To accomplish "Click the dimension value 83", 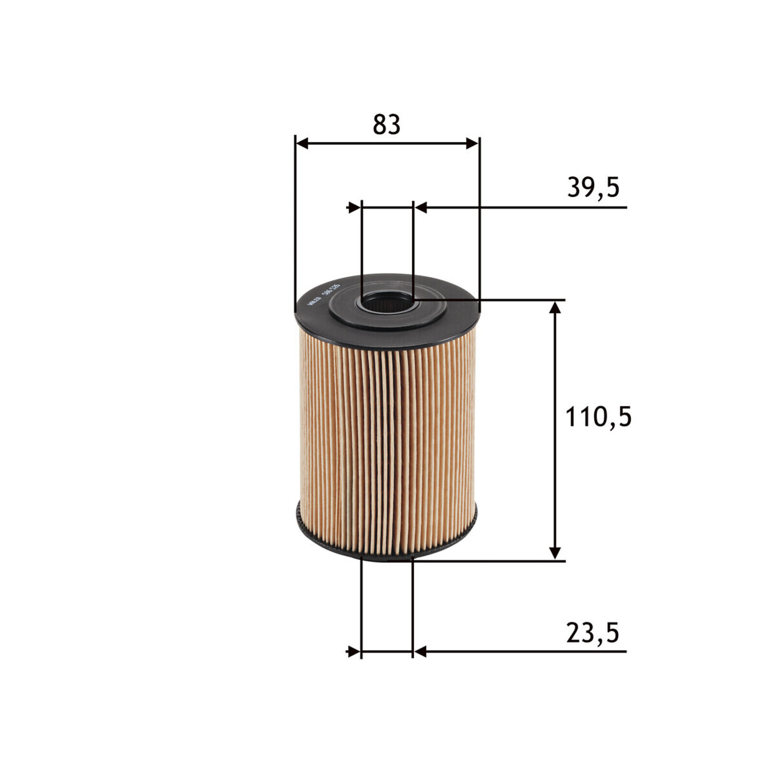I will [x=386, y=124].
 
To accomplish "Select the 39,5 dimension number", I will [x=593, y=187].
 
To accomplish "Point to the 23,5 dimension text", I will [x=592, y=633].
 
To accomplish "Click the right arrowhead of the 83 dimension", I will [x=472, y=143].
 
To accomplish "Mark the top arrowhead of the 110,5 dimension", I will [x=556, y=308].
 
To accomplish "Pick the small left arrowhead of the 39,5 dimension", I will [x=355, y=208].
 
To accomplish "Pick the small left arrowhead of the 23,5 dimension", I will [x=354, y=651].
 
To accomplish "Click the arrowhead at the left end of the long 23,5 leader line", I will [x=419, y=651].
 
